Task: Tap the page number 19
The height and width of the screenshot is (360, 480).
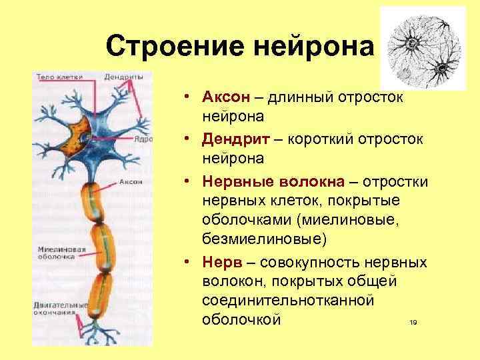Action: (x=413, y=323)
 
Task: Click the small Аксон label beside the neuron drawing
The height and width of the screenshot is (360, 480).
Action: (x=129, y=181)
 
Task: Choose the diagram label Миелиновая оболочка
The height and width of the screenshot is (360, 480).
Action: (x=61, y=254)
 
